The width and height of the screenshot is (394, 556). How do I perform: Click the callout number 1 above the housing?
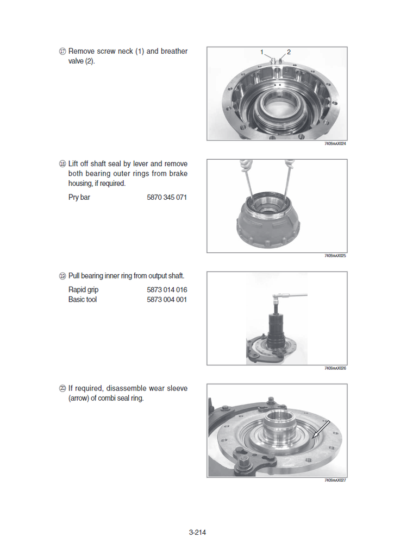tap(261, 52)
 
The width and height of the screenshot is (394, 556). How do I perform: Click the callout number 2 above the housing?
tap(289, 52)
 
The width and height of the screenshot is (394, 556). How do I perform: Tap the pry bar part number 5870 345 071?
tap(167, 198)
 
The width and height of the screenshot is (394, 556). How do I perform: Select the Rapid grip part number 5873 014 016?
tap(167, 290)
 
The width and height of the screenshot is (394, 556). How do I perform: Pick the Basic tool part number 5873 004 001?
tap(167, 300)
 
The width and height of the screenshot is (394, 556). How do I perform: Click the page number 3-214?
tap(197, 532)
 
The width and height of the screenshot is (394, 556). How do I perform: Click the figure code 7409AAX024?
tap(335, 143)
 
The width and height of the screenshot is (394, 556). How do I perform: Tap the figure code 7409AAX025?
tap(335, 256)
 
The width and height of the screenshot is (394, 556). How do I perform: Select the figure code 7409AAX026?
tap(335, 368)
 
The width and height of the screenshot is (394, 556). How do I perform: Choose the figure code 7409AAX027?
tap(335, 480)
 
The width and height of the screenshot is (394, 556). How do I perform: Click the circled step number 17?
tap(62, 52)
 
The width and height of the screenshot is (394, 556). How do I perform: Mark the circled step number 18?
tap(62, 164)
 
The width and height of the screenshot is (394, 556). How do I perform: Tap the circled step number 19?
tap(62, 276)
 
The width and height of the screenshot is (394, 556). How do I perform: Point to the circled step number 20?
tap(62, 388)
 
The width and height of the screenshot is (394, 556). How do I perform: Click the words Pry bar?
tap(79, 198)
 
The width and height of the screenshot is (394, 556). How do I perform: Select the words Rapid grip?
tap(83, 290)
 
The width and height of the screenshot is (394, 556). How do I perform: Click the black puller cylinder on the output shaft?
tap(276, 330)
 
